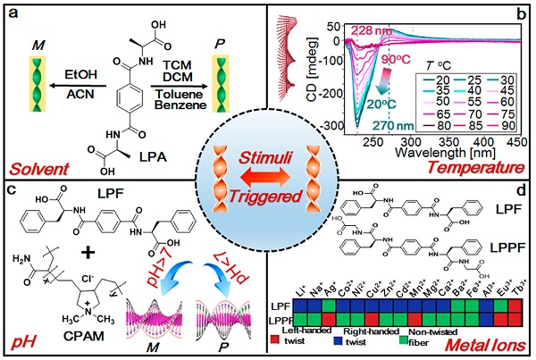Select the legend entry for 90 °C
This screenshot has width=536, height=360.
pos(505,125)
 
